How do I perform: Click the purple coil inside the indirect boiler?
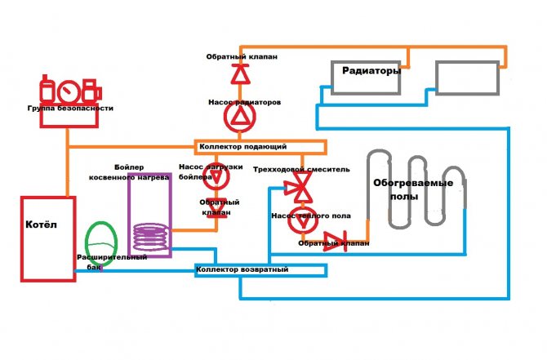152,237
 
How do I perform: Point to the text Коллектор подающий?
242,147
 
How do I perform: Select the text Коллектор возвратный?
242,269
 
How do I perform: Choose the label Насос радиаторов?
244,103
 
